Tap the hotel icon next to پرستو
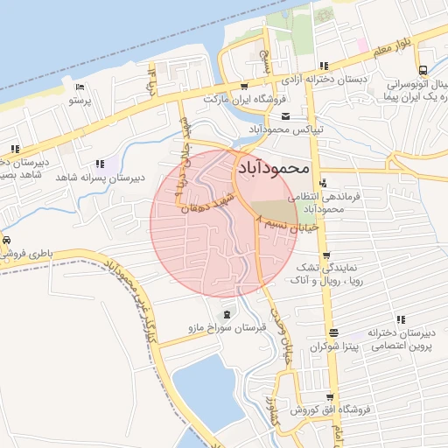click(x=80, y=87)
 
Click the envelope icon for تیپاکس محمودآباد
click(x=285, y=116)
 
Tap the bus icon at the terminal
click(x=423, y=70)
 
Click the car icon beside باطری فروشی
click(x=7, y=241)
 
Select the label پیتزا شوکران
click(x=332, y=347)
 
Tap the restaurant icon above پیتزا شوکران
click(x=332, y=332)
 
